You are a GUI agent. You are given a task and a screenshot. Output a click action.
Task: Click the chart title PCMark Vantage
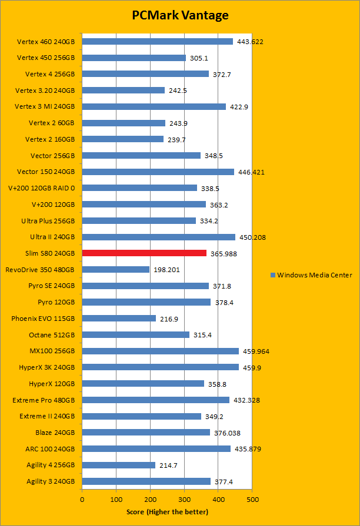click(x=179, y=15)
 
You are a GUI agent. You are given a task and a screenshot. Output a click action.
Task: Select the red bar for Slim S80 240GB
click(x=144, y=253)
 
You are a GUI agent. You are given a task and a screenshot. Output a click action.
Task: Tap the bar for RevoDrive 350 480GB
click(x=115, y=269)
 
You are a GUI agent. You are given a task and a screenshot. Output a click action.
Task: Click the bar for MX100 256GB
click(x=160, y=351)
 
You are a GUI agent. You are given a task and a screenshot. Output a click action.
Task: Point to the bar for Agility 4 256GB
click(x=118, y=465)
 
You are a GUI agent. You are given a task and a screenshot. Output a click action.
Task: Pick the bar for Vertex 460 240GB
click(x=157, y=42)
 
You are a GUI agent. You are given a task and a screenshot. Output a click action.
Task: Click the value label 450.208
click(x=252, y=237)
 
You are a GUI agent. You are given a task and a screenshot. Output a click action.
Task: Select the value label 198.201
click(x=166, y=270)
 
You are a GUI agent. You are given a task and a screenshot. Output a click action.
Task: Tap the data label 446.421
click(x=251, y=172)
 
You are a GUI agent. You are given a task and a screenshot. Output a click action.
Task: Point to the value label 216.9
click(x=171, y=319)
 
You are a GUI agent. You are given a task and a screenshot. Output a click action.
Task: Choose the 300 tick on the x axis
click(x=184, y=500)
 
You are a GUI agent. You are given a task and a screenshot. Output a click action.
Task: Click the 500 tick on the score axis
click(x=252, y=500)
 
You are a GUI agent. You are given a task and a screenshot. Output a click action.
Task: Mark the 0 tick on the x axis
click(x=82, y=500)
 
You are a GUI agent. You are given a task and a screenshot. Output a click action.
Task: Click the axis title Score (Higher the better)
click(x=167, y=512)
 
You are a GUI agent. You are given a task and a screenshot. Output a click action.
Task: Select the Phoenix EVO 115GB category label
click(x=43, y=319)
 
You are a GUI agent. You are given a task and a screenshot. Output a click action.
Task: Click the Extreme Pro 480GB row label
click(x=44, y=400)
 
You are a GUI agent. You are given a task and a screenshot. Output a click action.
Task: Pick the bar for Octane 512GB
click(x=135, y=334)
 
